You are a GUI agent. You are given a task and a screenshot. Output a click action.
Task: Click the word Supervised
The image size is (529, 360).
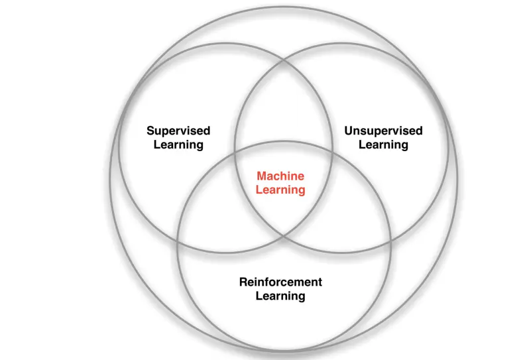click(x=178, y=131)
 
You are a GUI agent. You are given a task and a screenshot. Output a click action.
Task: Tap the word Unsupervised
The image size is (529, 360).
click(x=383, y=131)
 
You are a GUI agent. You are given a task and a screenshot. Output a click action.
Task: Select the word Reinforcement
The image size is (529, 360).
click(x=280, y=282)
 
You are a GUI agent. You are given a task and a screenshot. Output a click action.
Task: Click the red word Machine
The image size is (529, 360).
click(x=280, y=176)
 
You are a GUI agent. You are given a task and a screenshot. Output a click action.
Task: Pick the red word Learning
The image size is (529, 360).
click(x=280, y=190)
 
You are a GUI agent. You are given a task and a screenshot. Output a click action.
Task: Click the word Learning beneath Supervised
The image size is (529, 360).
click(x=178, y=145)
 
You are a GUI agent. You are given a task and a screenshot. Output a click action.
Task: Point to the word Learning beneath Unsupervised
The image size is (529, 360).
click(x=383, y=145)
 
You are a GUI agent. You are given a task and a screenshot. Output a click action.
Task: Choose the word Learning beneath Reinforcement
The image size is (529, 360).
click(x=280, y=296)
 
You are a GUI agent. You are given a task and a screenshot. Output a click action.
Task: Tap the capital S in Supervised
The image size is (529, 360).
click(x=150, y=131)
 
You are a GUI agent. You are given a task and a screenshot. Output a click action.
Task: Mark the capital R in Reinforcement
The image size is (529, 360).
click(x=243, y=282)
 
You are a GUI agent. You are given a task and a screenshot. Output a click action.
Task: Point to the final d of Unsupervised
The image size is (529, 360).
click(x=419, y=131)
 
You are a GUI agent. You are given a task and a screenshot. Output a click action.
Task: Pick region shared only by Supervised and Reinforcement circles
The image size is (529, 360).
click(x=209, y=212)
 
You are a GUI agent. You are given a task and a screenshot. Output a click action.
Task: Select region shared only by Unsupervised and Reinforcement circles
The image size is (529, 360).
click(x=358, y=212)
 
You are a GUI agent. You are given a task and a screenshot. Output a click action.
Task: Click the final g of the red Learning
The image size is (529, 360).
click(x=302, y=192)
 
